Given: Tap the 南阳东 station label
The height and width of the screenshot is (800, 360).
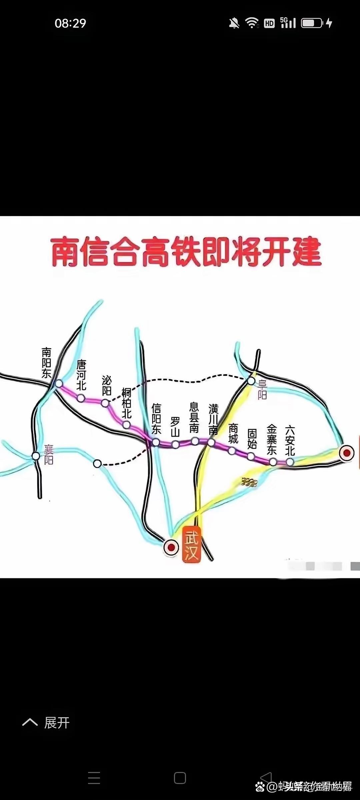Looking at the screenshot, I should pos(46,363).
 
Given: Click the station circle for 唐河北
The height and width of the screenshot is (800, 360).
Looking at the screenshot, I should pos(81,398).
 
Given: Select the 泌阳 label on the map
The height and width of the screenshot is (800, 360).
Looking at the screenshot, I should pos(107,385).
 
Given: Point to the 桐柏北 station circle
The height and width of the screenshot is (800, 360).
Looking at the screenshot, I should pos(126,425).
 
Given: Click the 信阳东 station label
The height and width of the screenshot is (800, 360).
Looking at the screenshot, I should pos(156,418).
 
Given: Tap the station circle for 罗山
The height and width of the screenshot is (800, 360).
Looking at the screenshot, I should pos(175,444).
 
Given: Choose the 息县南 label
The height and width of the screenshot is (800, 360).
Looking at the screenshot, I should pos(194,417).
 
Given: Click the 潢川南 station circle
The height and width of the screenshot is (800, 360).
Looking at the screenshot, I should pos(211,442).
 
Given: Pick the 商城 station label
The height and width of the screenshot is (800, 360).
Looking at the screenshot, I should pos(233,433).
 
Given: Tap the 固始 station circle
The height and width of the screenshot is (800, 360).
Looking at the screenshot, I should pos(251,456).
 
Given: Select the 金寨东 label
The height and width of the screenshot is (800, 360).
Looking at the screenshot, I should pos(272,439).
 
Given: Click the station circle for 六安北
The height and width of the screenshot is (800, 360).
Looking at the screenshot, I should pos(290,462).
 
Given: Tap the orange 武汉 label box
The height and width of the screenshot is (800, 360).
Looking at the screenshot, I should pos(192,544).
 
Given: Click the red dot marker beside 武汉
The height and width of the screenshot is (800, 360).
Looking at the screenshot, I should pos(171,547).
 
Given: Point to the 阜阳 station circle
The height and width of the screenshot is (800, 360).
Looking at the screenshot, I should pos(251,381).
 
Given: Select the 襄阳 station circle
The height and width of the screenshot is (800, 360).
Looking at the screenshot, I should pos(36,456).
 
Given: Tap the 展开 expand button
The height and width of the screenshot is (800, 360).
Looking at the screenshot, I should pos(47,723).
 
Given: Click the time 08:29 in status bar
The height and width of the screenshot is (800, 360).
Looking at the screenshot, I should pos(70,23).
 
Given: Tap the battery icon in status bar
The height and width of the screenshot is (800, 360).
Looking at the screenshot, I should pos(312,23).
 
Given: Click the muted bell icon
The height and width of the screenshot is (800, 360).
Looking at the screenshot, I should pos(234,23).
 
